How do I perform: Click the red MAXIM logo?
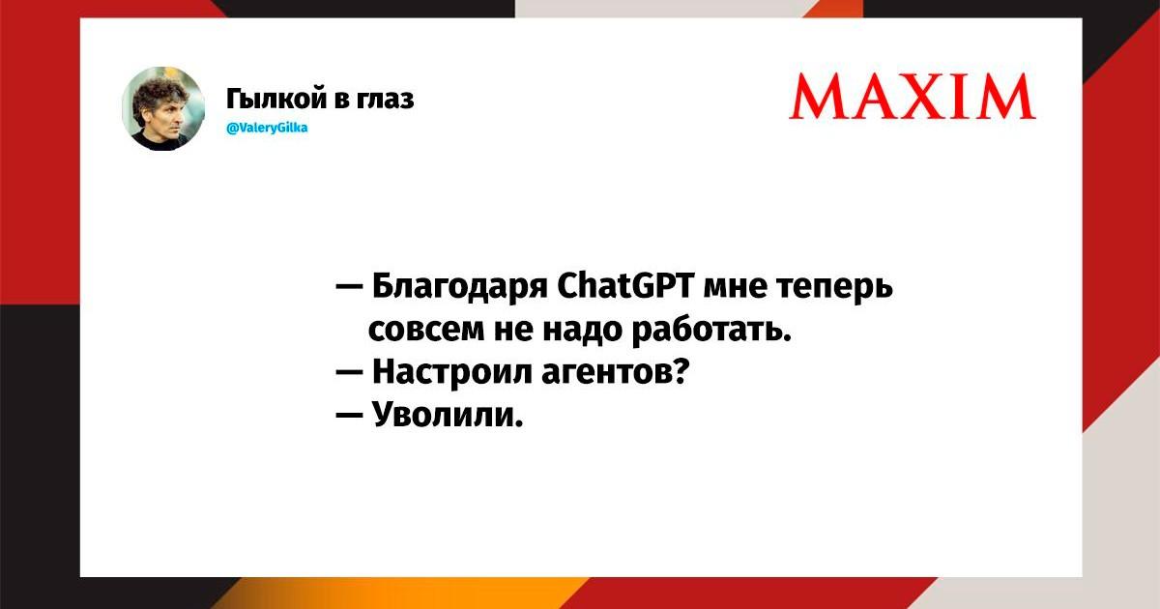pos(913,97)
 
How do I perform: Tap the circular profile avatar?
pos(163,108)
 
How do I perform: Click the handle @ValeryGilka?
pos(267,128)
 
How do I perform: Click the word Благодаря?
pos(459,286)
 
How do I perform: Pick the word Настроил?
pos(451,372)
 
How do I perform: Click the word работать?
pos(712,330)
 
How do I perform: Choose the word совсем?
pos(424,330)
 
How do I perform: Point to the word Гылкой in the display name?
pos(275,98)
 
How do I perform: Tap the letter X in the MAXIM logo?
pos(917,97)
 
